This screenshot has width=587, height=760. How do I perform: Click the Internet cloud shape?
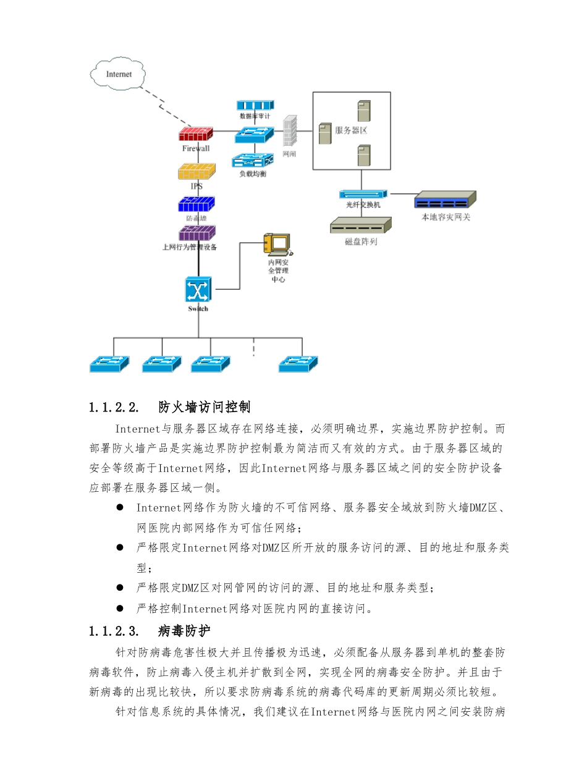[119, 74]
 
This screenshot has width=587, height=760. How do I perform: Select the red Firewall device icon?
[196, 134]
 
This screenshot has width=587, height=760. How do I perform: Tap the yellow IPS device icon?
[196, 171]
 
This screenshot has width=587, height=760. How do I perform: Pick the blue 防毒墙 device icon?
[196, 204]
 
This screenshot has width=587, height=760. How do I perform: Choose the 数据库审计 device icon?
[255, 105]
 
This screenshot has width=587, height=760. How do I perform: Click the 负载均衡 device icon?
[252, 161]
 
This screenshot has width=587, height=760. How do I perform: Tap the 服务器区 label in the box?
[351, 130]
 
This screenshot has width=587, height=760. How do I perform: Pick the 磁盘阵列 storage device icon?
[361, 226]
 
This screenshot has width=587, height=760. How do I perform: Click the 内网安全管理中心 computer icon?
[276, 244]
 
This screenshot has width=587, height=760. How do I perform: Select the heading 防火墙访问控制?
[204, 407]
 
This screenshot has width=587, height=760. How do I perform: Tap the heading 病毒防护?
[184, 631]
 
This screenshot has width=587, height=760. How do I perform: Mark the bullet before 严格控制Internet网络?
[120, 609]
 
